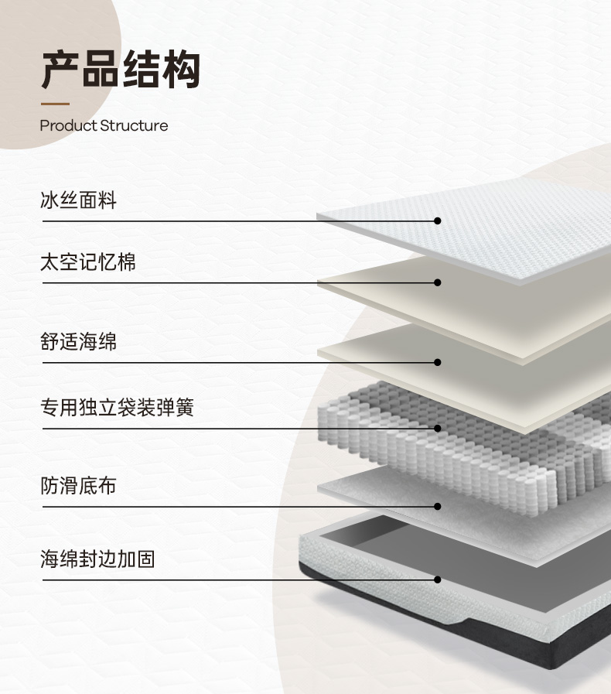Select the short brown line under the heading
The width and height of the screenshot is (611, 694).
click(x=55, y=104)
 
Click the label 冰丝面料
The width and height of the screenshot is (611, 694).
click(x=78, y=201)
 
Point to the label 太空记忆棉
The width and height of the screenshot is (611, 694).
click(x=87, y=262)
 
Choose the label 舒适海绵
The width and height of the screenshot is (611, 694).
click(x=78, y=341)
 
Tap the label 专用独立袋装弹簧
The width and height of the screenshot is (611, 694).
click(x=117, y=408)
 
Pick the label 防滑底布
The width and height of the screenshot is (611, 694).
click(x=78, y=486)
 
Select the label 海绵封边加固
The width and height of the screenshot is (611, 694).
click(x=97, y=559)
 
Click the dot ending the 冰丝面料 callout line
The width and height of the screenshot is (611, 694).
click(x=438, y=221)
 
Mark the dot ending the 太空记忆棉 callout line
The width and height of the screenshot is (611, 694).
click(x=438, y=282)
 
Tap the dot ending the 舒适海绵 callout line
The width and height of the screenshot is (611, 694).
click(x=438, y=362)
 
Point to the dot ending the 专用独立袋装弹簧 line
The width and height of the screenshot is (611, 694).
click(x=438, y=428)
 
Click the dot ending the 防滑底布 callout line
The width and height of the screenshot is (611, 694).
click(x=438, y=507)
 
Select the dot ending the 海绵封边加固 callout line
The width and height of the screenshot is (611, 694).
click(x=438, y=579)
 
